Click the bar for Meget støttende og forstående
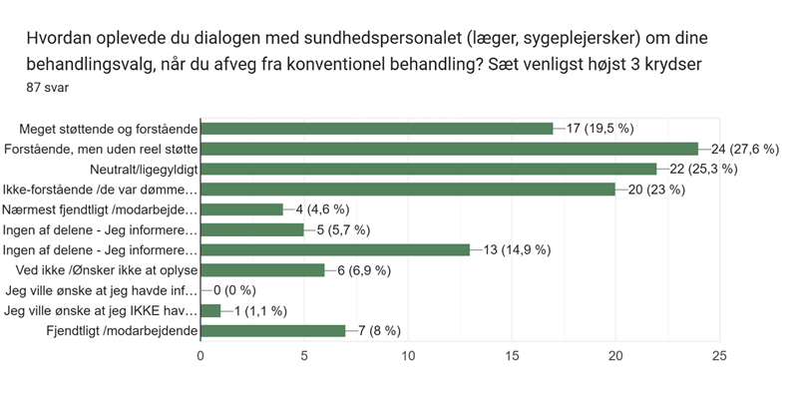pos(377,128)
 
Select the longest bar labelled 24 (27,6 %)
pos(449,149)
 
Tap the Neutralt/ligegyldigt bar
pos(429,169)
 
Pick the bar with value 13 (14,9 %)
pos(335,249)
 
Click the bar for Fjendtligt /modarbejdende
pos(273,330)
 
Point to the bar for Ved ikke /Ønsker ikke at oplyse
pos(263,270)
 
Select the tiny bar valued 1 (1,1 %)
pos(210,310)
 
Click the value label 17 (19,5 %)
pos(601,128)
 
